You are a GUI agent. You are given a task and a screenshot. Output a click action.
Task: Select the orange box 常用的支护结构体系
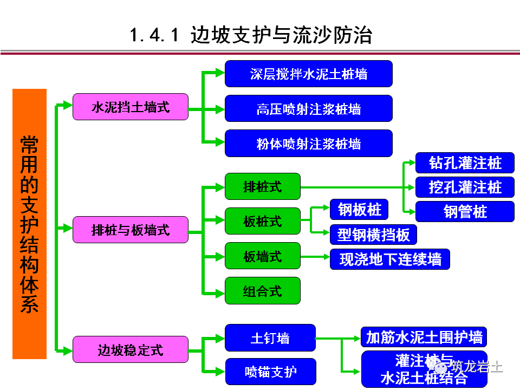tap(30, 224)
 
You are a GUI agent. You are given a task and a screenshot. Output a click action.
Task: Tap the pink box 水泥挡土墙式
tap(131, 107)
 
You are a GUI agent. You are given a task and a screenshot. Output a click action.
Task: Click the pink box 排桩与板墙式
tap(131, 230)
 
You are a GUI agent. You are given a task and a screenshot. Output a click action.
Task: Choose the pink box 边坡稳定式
tap(131, 349)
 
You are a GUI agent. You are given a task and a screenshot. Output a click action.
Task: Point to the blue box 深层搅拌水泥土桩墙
tap(308, 74)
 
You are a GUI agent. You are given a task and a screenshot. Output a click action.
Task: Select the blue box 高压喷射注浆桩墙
tap(308, 109)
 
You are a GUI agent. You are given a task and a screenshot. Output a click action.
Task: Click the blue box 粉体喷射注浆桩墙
tap(308, 144)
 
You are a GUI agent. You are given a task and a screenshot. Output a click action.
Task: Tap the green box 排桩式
tap(262, 187)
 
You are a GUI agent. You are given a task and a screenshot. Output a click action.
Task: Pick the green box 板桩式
tap(262, 221)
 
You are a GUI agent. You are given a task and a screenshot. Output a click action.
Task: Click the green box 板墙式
tap(262, 256)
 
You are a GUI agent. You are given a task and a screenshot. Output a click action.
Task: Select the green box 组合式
tap(262, 290)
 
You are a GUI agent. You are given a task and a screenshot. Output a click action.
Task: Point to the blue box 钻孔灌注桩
tap(465, 163)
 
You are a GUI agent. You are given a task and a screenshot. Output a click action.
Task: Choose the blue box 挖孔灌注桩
tap(465, 187)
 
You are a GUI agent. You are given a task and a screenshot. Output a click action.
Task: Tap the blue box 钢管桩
tap(465, 211)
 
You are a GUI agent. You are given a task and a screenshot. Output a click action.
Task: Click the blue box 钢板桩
tap(359, 209)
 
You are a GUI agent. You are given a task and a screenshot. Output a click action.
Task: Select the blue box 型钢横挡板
tap(373, 235)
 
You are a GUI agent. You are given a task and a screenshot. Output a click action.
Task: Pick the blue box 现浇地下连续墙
tap(389, 259)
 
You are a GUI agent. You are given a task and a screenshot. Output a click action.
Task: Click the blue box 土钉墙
tap(270, 338)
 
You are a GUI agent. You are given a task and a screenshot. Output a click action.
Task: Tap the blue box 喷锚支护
tap(270, 372)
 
